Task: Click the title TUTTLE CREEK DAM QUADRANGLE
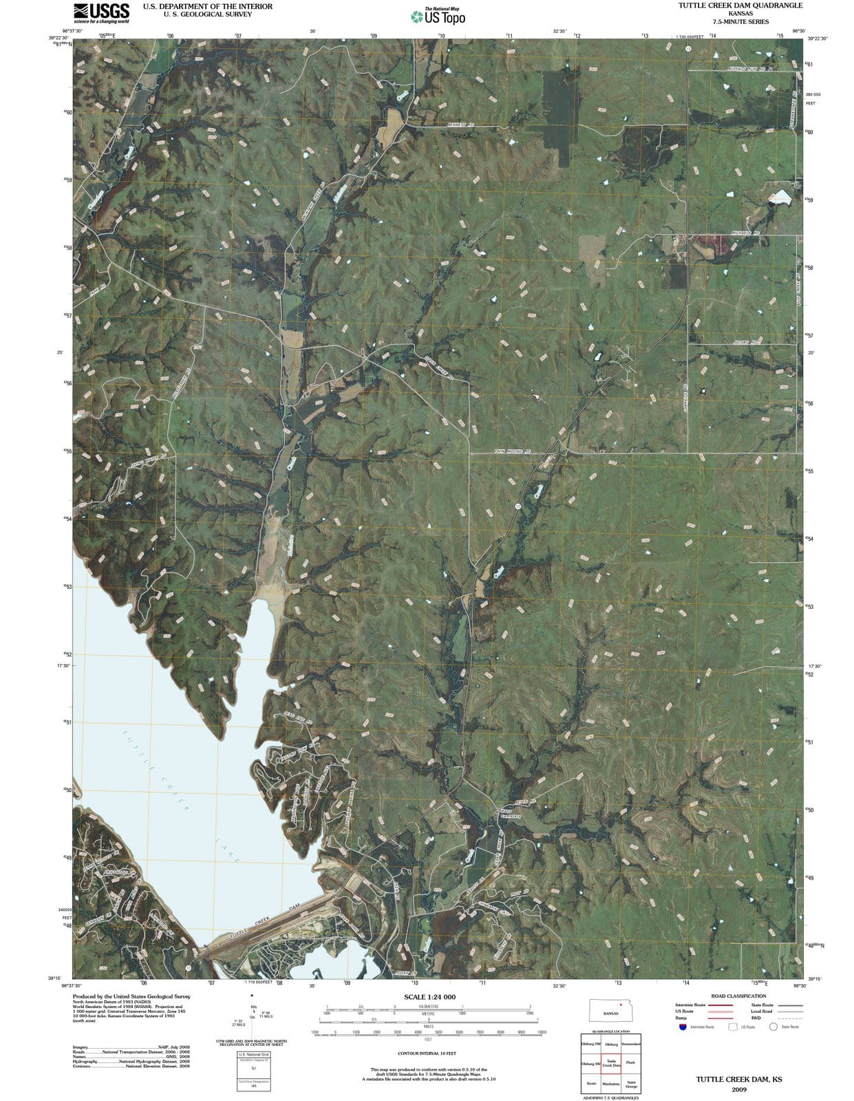(740, 6)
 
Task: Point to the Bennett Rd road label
(460, 125)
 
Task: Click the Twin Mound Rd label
(513, 451)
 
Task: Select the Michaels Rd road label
(745, 233)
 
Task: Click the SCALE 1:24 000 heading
(429, 997)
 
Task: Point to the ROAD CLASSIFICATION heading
(738, 996)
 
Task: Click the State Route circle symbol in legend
(773, 1027)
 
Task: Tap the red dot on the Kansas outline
(621, 1005)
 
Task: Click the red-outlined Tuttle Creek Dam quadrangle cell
(611, 1063)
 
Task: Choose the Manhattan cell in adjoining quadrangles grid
(611, 1084)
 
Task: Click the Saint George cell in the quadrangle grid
(630, 1084)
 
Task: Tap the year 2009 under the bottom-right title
(739, 1090)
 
